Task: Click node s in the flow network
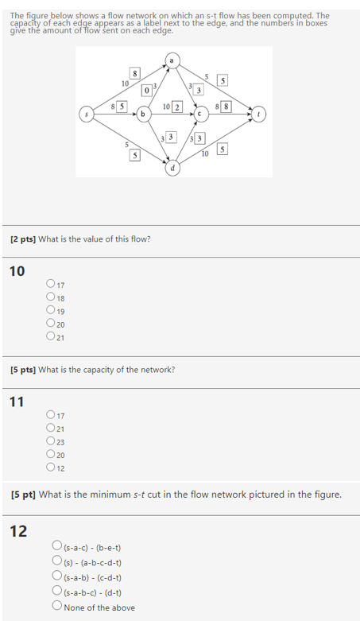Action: pyautogui.click(x=87, y=114)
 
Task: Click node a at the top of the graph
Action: pyautogui.click(x=172, y=59)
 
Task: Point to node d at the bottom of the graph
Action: pyautogui.click(x=172, y=169)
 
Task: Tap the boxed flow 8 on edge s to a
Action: pyautogui.click(x=136, y=74)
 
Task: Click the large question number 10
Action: pyautogui.click(x=17, y=272)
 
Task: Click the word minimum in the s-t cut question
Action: pyautogui.click(x=116, y=495)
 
